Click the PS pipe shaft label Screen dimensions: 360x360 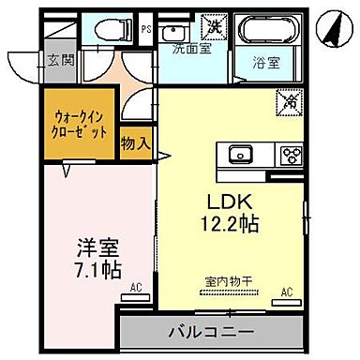pos(145,30)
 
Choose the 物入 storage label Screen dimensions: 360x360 pos(137,142)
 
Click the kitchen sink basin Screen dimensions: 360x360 pos(236,154)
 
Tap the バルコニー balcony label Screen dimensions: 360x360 pos(211,332)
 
